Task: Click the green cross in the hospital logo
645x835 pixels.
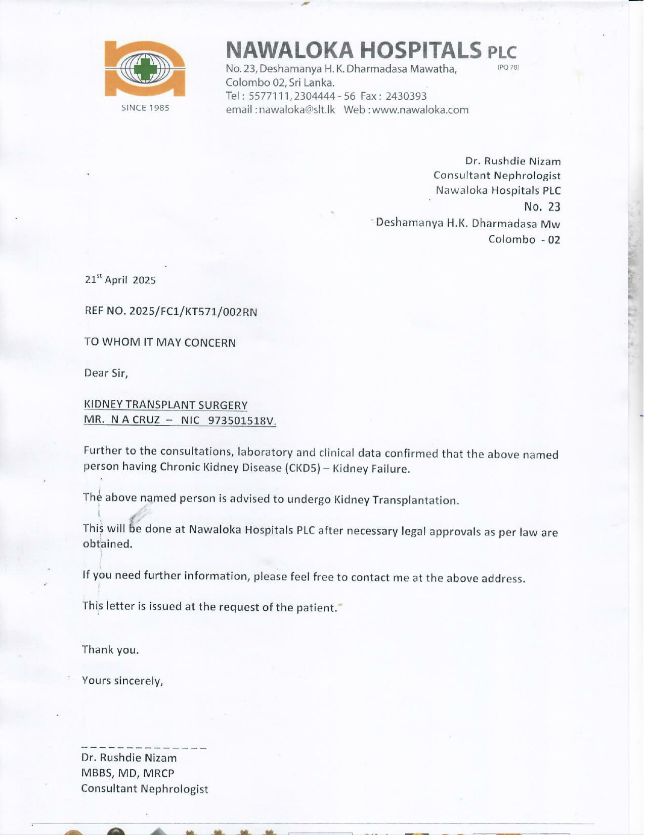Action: click(x=145, y=68)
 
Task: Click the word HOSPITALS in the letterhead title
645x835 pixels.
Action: click(x=420, y=51)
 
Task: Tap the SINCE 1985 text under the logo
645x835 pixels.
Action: click(x=145, y=108)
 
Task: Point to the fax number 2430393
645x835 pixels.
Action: click(x=406, y=96)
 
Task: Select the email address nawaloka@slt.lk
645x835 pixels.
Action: click(x=296, y=110)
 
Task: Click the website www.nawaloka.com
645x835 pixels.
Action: click(x=420, y=110)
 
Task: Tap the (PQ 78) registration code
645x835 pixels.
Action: click(x=508, y=67)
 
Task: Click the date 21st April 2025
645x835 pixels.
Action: click(x=120, y=280)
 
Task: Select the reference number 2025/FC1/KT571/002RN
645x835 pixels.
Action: click(x=193, y=312)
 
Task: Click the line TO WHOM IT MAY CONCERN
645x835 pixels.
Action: click(x=160, y=343)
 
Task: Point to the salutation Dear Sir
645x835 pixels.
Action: click(x=106, y=373)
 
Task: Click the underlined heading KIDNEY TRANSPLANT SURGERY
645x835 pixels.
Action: click(x=165, y=405)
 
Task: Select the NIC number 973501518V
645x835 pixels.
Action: click(x=242, y=421)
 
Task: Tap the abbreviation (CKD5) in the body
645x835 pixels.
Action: click(x=303, y=468)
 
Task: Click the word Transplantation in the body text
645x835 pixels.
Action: click(x=415, y=500)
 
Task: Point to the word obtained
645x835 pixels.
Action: click(x=107, y=544)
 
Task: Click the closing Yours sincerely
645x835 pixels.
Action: click(x=122, y=681)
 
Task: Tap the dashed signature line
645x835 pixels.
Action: click(x=144, y=747)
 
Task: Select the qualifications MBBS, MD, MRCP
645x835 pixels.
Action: click(x=127, y=773)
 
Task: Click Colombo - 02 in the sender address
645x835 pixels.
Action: click(x=524, y=239)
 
